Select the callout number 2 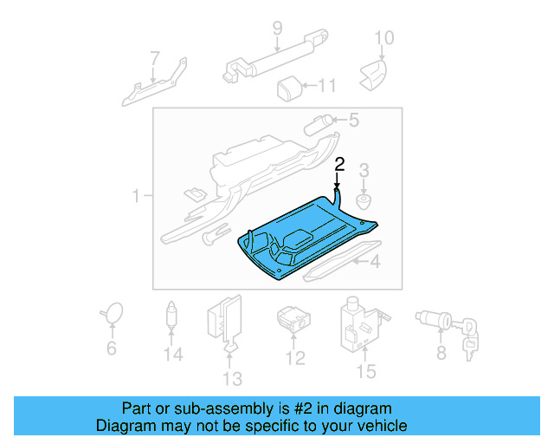click(x=340, y=163)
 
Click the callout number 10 click(x=383, y=37)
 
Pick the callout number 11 click(x=325, y=85)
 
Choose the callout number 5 click(x=353, y=121)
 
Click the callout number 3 click(x=364, y=169)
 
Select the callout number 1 click(x=137, y=198)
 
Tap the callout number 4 click(x=375, y=262)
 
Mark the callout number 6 click(x=111, y=349)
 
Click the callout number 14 click(x=173, y=355)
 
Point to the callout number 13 click(x=232, y=378)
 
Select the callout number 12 click(x=296, y=357)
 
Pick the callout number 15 click(x=366, y=372)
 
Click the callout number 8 click(x=441, y=353)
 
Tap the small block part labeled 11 click(x=289, y=87)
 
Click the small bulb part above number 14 click(x=172, y=316)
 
